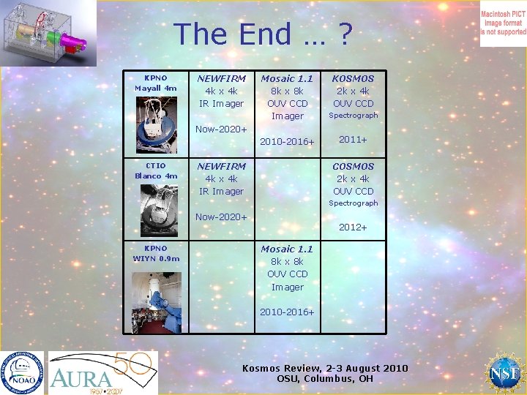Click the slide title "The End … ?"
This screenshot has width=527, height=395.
pyautogui.click(x=263, y=34)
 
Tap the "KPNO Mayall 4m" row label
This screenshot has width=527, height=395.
pyautogui.click(x=155, y=83)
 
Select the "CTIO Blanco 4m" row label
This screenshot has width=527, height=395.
pyautogui.click(x=155, y=170)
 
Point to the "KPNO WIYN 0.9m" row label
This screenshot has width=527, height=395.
pyautogui.click(x=155, y=253)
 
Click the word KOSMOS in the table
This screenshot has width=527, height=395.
pyautogui.click(x=353, y=78)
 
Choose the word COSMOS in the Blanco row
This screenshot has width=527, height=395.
pyautogui.click(x=353, y=166)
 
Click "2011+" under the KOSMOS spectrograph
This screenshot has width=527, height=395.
pyautogui.click(x=353, y=139)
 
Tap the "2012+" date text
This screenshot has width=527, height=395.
pyautogui.click(x=353, y=227)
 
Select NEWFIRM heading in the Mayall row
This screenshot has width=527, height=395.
pyautogui.click(x=221, y=78)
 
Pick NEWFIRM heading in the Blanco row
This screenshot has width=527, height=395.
pyautogui.click(x=221, y=166)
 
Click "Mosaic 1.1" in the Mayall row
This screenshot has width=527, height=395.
pyautogui.click(x=287, y=78)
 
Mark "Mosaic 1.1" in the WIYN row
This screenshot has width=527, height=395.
pyautogui.click(x=287, y=249)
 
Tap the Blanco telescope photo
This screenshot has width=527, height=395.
pyautogui.click(x=156, y=208)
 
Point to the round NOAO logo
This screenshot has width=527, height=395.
pyautogui.click(x=22, y=372)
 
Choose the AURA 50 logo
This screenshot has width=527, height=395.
pyautogui.click(x=101, y=372)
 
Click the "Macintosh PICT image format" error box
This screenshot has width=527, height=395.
pyautogui.click(x=503, y=23)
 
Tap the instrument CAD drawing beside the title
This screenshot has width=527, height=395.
pyautogui.click(x=48, y=32)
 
